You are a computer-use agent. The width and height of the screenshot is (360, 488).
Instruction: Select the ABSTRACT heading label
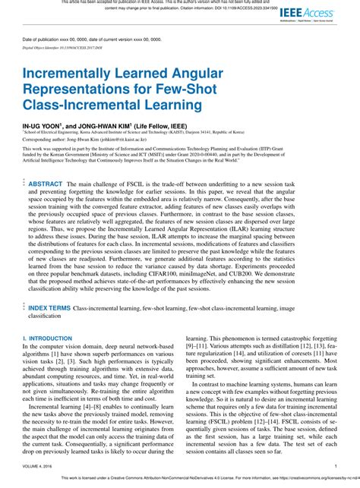(46, 184)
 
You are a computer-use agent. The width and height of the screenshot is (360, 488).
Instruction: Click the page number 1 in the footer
(335, 467)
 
